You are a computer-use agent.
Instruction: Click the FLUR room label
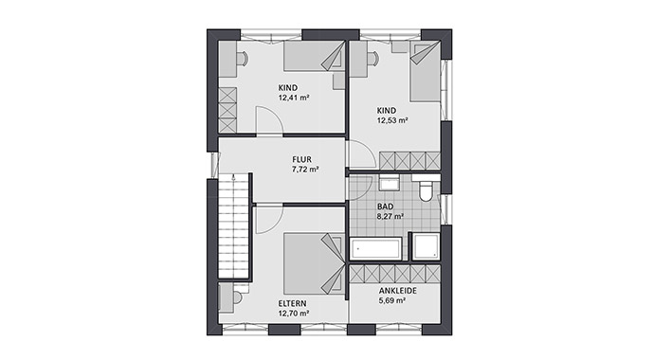303,159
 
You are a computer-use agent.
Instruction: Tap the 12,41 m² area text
295,97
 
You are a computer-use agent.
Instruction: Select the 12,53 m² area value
391,120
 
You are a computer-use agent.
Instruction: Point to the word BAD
386,206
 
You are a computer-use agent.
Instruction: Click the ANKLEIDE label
396,292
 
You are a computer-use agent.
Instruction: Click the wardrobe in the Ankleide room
394,275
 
